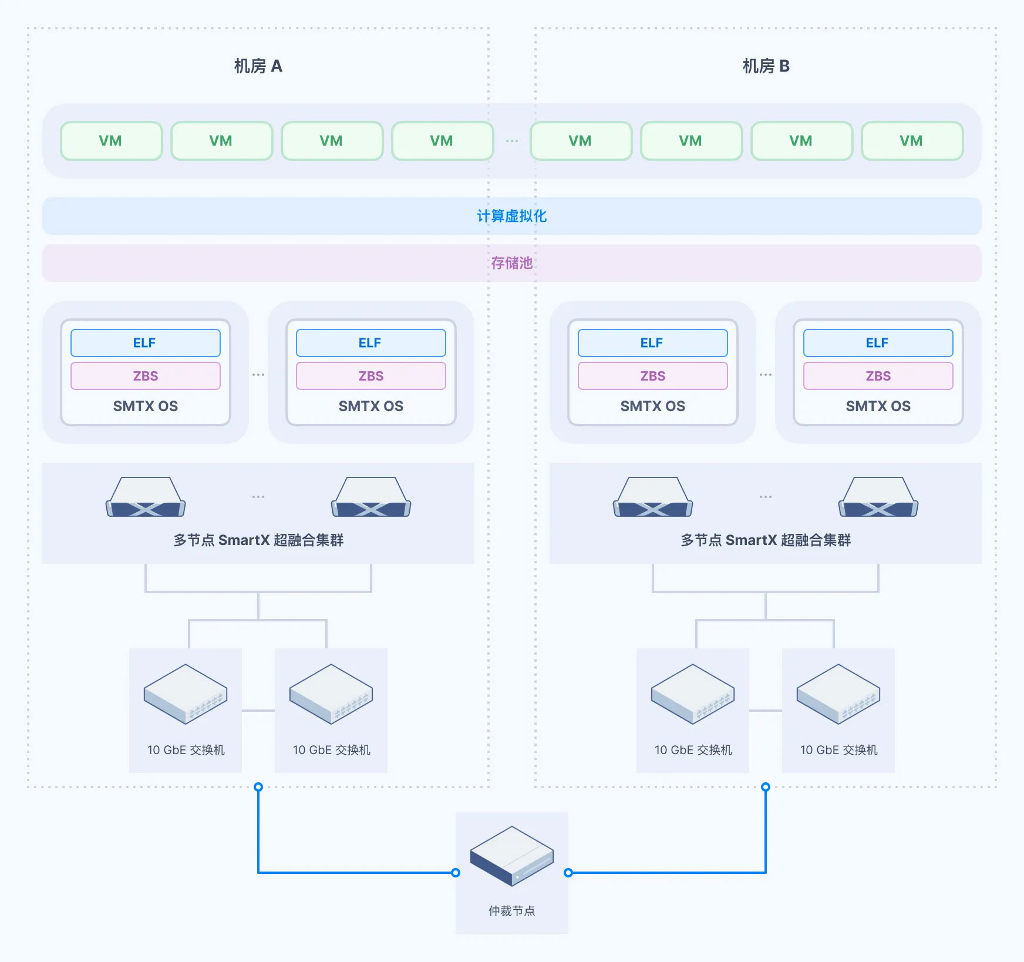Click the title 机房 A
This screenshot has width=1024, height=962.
pyautogui.click(x=258, y=66)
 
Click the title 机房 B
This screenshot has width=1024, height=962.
pyautogui.click(x=766, y=66)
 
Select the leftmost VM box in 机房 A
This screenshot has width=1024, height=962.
pyautogui.click(x=111, y=141)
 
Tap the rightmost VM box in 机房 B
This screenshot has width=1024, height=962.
pyautogui.click(x=912, y=141)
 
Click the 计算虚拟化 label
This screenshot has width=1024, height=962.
pyautogui.click(x=511, y=216)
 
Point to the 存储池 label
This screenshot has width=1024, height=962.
pyautogui.click(x=511, y=263)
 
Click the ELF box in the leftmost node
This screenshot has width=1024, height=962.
pyautogui.click(x=145, y=343)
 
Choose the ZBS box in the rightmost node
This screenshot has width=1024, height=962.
pyautogui.click(x=878, y=376)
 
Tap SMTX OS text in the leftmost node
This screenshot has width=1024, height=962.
pyautogui.click(x=145, y=406)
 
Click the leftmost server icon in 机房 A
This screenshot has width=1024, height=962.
pyautogui.click(x=146, y=497)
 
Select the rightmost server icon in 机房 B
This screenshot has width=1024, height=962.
pyautogui.click(x=878, y=497)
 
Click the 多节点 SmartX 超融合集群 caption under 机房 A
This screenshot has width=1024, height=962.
pyautogui.click(x=258, y=540)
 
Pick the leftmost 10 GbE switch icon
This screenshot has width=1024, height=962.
pyautogui.click(x=186, y=694)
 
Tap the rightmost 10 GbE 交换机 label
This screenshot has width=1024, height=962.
pyautogui.click(x=838, y=750)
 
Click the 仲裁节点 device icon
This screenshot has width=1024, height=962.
pyautogui.click(x=511, y=855)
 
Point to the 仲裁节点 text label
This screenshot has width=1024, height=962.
pyautogui.click(x=511, y=911)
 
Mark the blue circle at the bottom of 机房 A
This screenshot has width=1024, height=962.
pyautogui.click(x=258, y=787)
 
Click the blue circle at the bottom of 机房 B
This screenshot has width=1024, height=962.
pyautogui.click(x=766, y=787)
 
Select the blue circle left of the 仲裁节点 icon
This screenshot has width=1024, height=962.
pyautogui.click(x=456, y=873)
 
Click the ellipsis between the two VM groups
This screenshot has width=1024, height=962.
pyautogui.click(x=511, y=141)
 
